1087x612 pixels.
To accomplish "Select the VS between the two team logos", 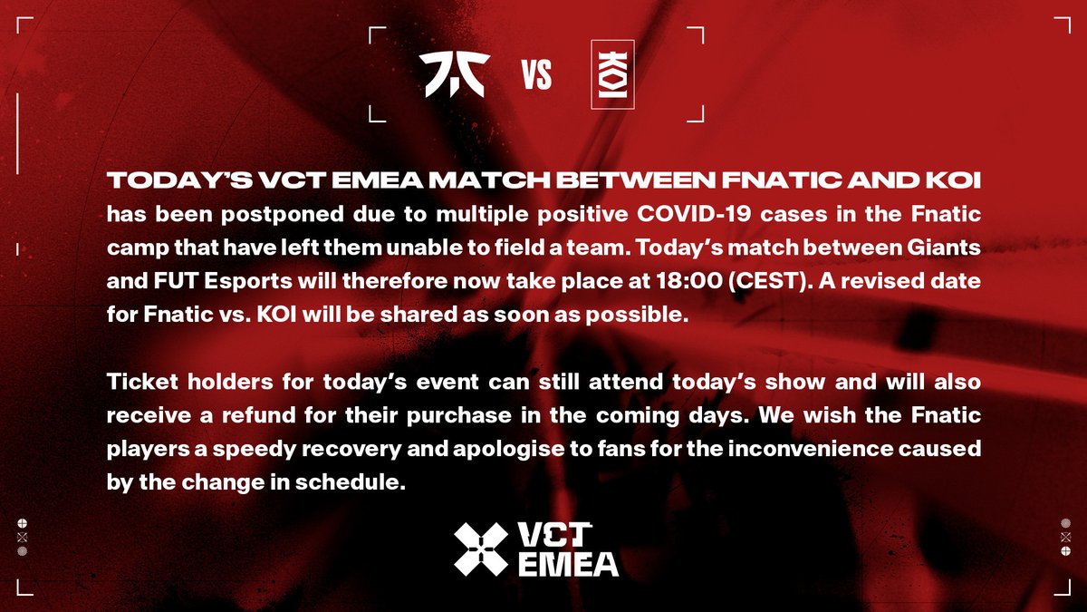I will tap(536, 77).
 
